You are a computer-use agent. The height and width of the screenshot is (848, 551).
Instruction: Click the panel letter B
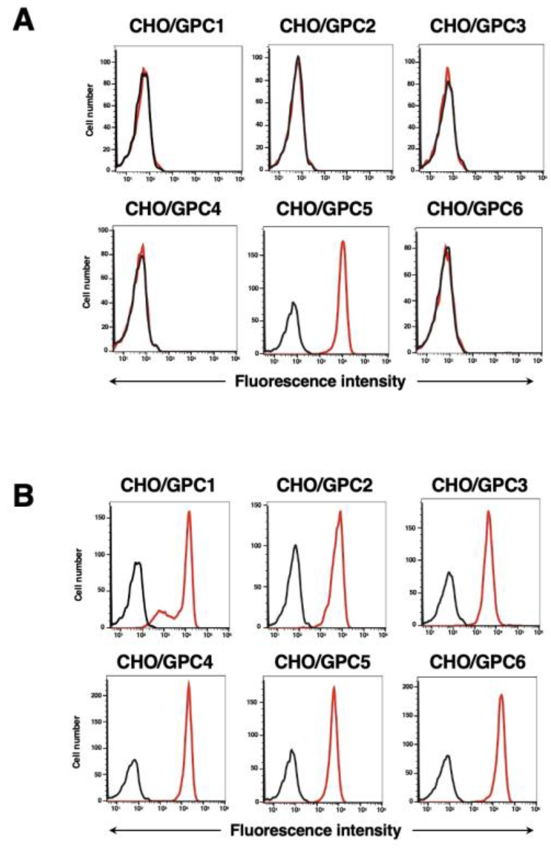coord(23,496)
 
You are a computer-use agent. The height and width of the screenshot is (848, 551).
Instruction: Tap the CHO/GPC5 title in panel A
coord(324,209)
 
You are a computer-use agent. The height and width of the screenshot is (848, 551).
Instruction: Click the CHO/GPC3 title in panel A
coord(478,26)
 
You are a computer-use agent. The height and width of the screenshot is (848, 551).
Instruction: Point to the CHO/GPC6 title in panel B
coord(477,662)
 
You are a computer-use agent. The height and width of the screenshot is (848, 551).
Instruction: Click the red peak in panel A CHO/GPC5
coord(343,242)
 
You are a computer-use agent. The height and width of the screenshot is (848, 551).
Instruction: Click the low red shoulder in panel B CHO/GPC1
coord(161,610)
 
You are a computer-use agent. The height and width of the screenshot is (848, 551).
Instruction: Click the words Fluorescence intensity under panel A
coord(320,381)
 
